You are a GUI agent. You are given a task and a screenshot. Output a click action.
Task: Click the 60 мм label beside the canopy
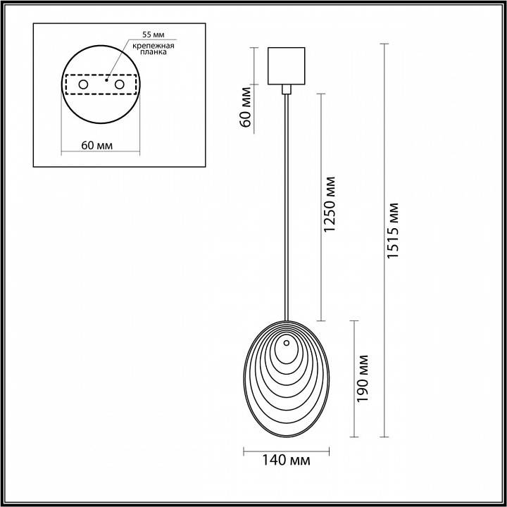coord(246,106)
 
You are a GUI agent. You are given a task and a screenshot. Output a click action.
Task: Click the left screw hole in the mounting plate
coord(84,84)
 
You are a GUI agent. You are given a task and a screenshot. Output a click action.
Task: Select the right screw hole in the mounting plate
coord(119,84)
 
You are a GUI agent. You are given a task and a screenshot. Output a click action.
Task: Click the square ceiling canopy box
coord(287,65)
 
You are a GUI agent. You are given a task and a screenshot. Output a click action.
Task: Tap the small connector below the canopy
coord(287,89)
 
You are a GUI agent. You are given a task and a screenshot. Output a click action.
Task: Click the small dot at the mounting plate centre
coord(105,80)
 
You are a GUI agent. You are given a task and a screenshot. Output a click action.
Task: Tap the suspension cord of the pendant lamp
coord(287,211)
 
